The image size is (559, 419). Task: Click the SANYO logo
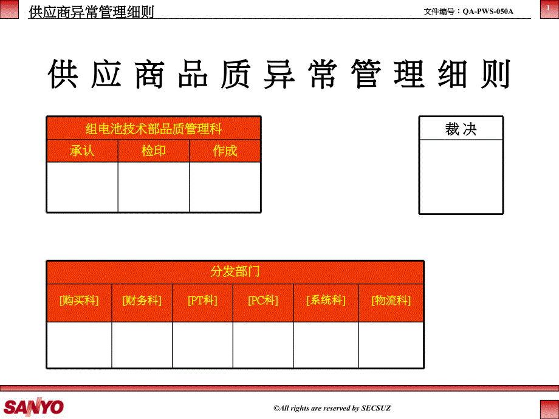click(x=33, y=407)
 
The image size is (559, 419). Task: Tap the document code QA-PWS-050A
click(x=488, y=12)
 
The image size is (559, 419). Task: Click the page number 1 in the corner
click(x=548, y=7)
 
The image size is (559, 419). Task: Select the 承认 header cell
click(x=83, y=151)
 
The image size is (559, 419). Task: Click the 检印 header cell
click(x=154, y=151)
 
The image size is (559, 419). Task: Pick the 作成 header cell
click(x=225, y=151)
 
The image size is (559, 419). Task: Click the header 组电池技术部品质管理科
click(x=154, y=128)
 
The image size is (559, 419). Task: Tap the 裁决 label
click(x=461, y=129)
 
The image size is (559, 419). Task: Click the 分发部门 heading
click(x=235, y=271)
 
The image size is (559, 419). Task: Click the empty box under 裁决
click(x=461, y=177)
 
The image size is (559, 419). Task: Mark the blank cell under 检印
click(x=154, y=187)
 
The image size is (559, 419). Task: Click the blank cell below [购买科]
click(x=79, y=345)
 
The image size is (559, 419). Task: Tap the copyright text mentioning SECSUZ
click(x=332, y=408)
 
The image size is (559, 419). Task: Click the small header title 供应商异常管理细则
click(x=91, y=12)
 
